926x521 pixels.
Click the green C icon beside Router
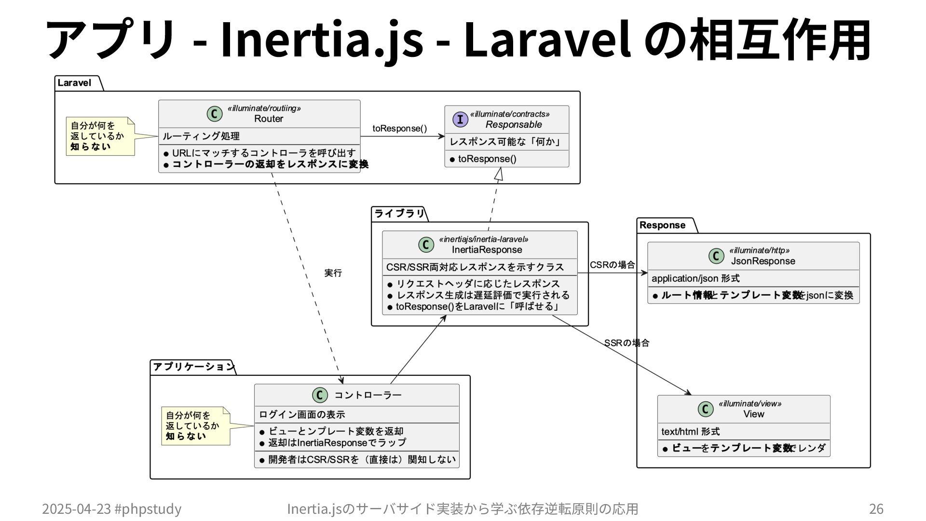click(x=214, y=114)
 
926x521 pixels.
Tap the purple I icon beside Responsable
click(x=460, y=119)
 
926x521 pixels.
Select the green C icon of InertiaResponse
click(x=426, y=245)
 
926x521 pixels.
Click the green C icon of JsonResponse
click(x=716, y=256)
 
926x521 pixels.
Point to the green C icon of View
click(x=706, y=409)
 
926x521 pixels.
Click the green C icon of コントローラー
click(x=320, y=395)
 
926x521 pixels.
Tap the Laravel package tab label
click(x=75, y=83)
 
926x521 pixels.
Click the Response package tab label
click(x=662, y=225)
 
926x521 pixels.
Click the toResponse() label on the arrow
click(x=399, y=128)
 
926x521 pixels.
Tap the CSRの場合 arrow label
click(x=612, y=265)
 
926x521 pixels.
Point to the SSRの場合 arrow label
click(x=626, y=343)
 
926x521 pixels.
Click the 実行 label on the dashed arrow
click(x=333, y=273)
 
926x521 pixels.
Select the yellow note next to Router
click(x=99, y=137)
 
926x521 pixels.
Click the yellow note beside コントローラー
click(x=195, y=426)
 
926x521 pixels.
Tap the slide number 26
click(x=876, y=509)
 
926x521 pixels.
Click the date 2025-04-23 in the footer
click(x=76, y=509)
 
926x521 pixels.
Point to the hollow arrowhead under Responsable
click(x=499, y=174)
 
